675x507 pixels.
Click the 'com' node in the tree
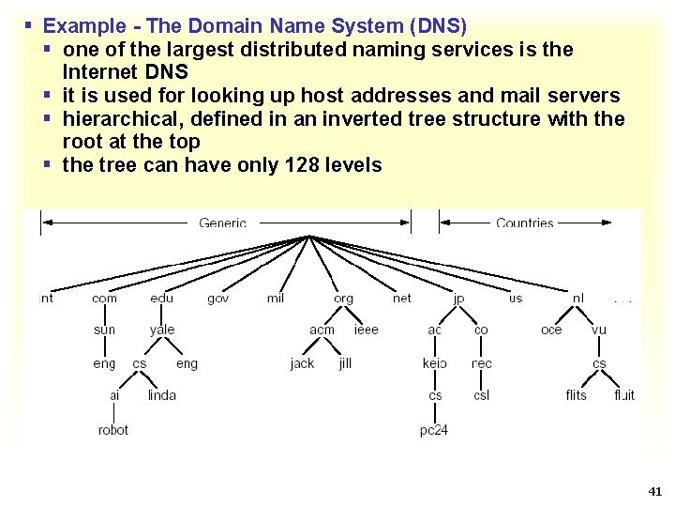point(104,299)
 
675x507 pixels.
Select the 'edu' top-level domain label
point(161,299)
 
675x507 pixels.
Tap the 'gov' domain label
point(217,299)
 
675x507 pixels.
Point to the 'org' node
point(344,299)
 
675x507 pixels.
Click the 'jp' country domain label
point(458,299)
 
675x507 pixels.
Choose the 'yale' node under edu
point(161,330)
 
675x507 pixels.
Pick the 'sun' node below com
point(104,330)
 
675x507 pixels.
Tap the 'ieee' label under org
point(367,330)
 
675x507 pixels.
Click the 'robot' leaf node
point(112,430)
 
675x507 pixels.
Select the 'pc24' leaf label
point(433,430)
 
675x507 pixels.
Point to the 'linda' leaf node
point(161,395)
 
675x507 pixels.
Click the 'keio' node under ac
point(434,363)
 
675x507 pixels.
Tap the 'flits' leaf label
point(576,395)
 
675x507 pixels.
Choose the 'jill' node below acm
point(345,363)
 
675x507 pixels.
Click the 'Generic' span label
point(222,223)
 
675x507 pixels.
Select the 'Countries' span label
point(524,223)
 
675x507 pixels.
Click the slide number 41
point(654,491)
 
